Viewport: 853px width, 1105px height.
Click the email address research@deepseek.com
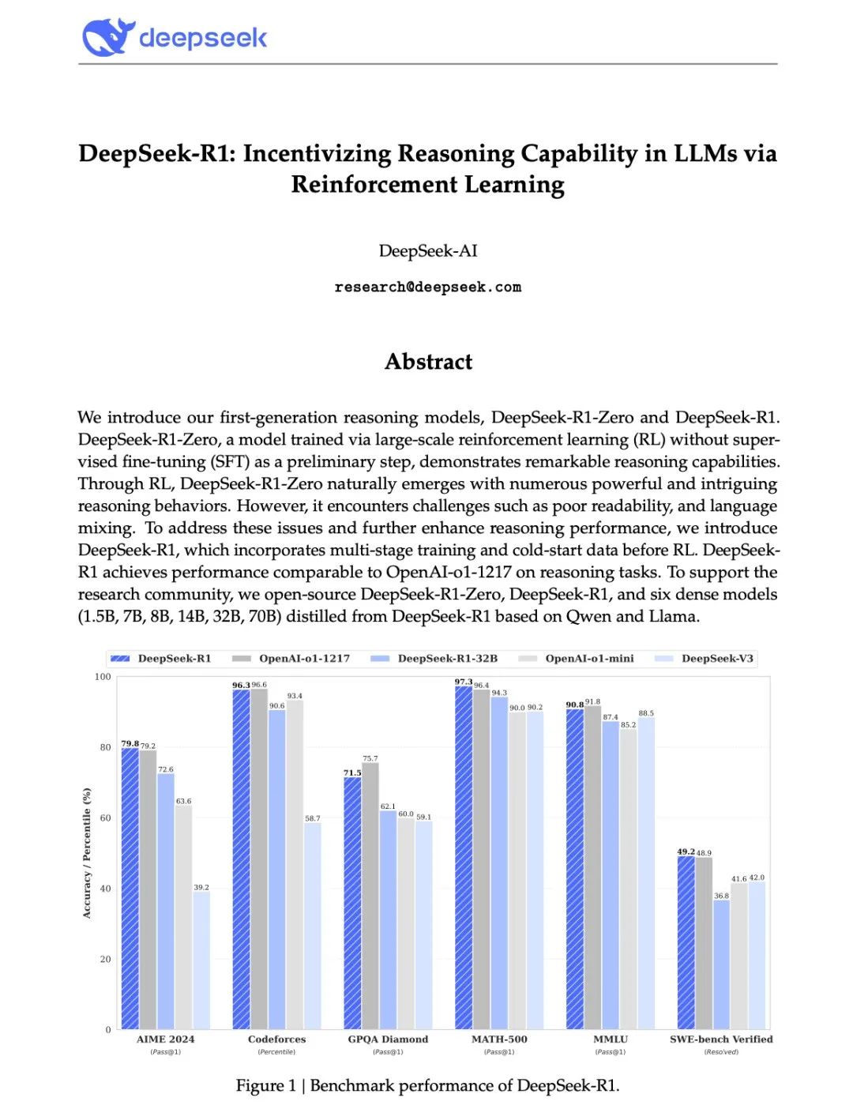coord(427,287)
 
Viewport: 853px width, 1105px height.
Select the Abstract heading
coord(428,362)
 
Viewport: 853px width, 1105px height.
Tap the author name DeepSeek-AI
coord(427,251)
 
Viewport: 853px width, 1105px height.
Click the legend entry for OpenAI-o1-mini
coord(588,659)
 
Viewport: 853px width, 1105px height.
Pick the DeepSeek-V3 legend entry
coord(716,659)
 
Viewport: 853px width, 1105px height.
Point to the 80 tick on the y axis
coord(105,747)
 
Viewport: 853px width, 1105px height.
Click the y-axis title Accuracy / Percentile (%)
coord(87,853)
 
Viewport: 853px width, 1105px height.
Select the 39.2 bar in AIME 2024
coord(201,960)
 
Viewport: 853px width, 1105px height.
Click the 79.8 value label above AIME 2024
coord(130,743)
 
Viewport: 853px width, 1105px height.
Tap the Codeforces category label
coord(276,1039)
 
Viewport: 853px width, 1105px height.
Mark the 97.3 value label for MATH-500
coord(463,682)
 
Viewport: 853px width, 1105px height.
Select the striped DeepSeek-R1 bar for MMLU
coord(575,869)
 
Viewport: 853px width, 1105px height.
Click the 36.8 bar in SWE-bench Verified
coord(721,964)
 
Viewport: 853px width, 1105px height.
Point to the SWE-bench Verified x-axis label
coord(721,1039)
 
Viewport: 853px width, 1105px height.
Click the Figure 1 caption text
coord(427,1085)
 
